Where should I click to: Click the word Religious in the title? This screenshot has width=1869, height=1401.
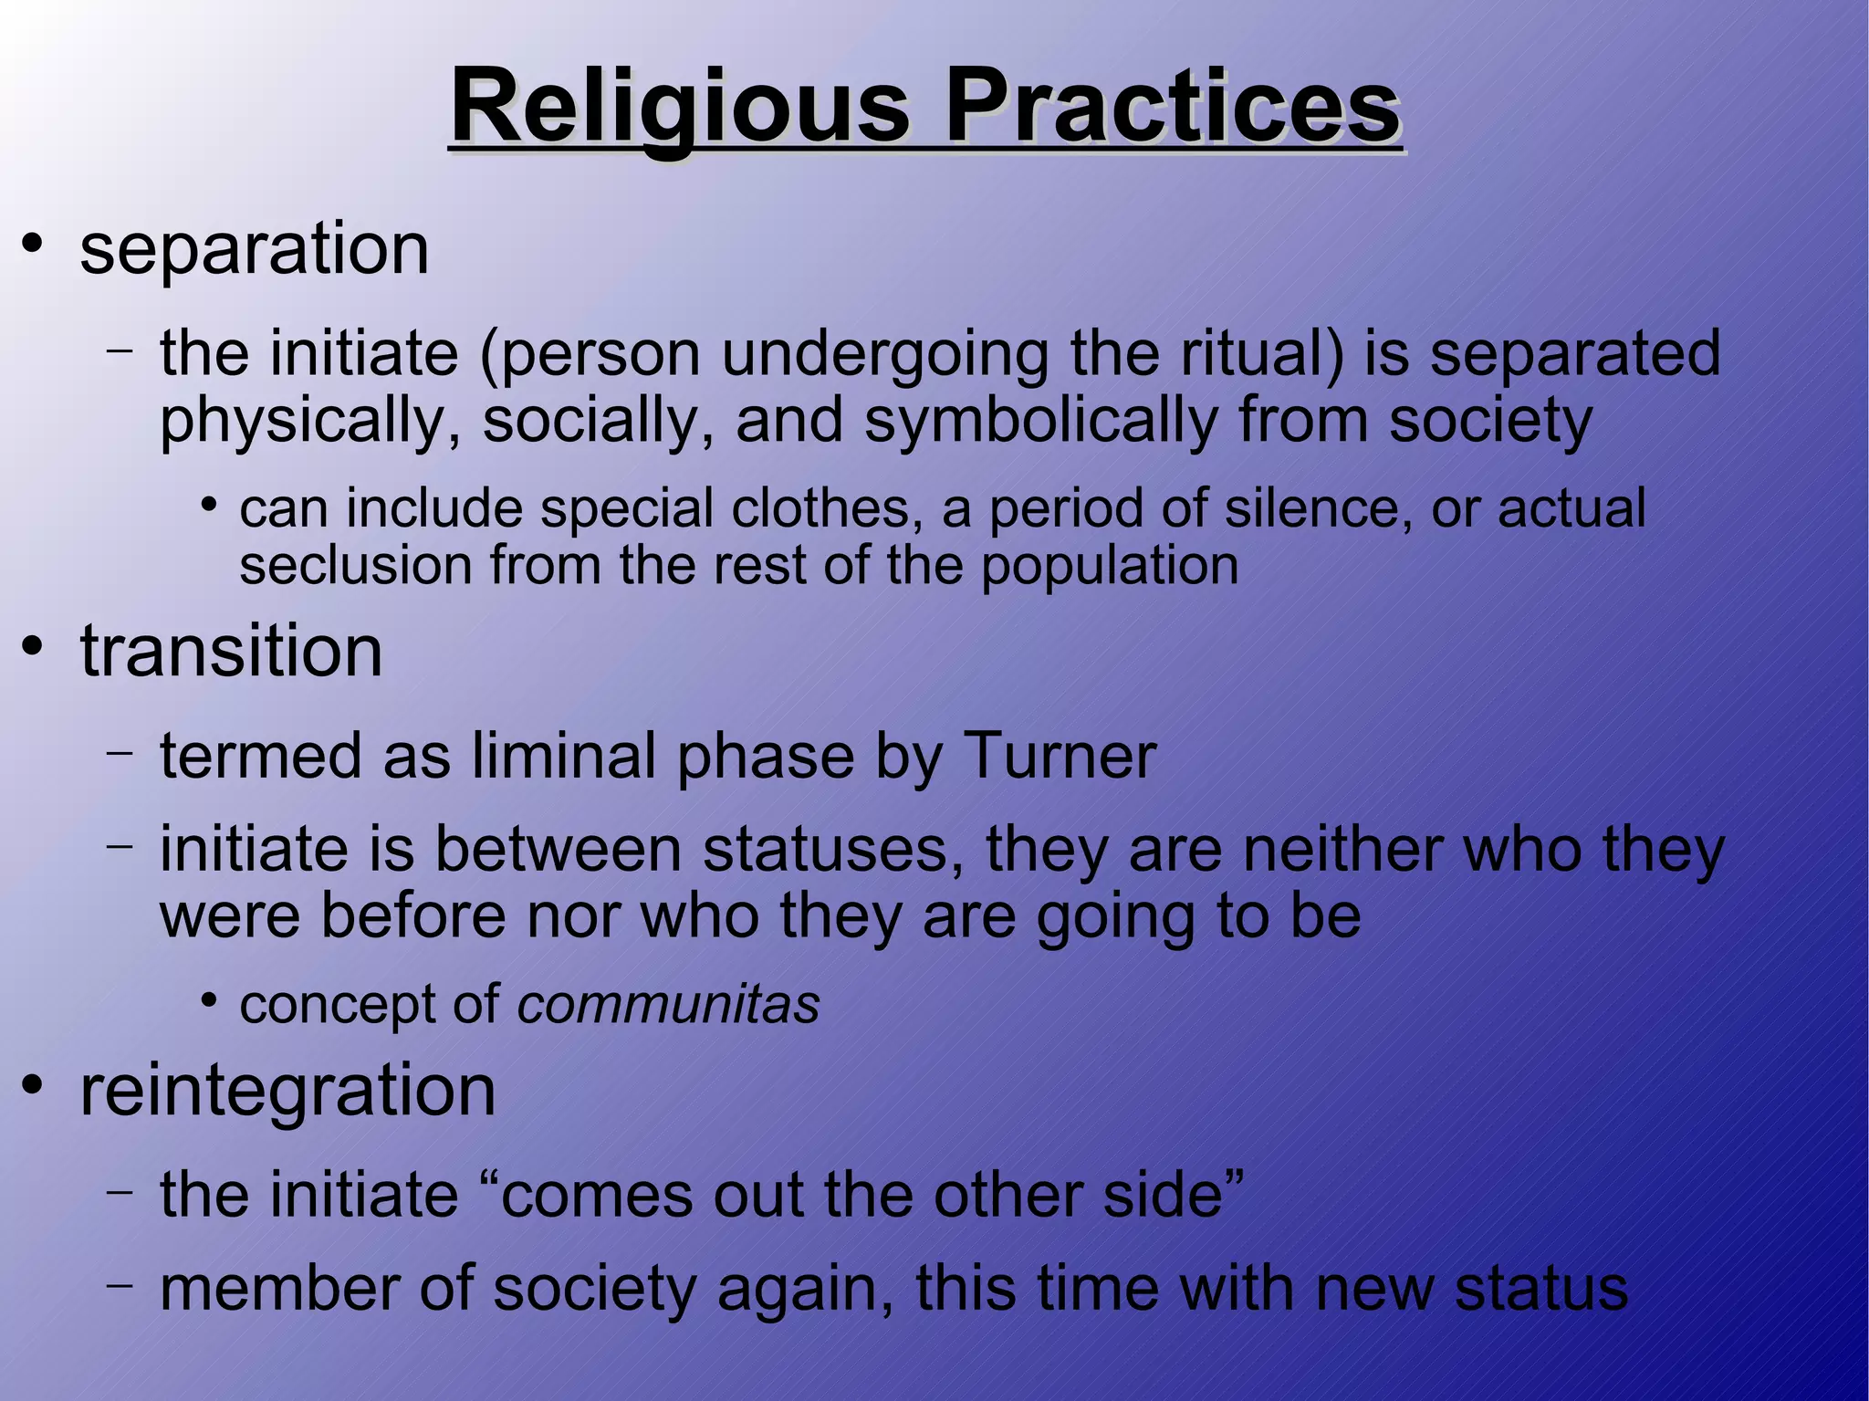(x=679, y=107)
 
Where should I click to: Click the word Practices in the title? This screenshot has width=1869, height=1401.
(x=1172, y=107)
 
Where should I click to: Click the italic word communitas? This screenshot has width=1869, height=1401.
(x=668, y=1005)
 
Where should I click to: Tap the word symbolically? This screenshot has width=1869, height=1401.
(x=1040, y=421)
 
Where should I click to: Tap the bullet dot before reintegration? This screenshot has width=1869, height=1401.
(x=34, y=1086)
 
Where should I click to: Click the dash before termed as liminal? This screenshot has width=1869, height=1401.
(x=119, y=753)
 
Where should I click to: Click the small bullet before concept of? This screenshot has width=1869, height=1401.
(x=209, y=1001)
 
